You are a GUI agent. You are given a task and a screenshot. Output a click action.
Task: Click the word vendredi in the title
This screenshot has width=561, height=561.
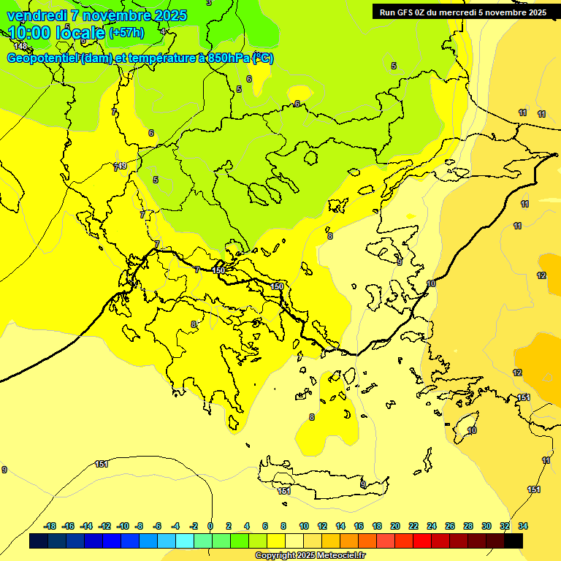36,15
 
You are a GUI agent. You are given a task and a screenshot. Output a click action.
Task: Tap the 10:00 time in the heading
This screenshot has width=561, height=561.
30,32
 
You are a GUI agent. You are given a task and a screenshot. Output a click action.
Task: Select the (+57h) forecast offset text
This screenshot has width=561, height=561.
126,32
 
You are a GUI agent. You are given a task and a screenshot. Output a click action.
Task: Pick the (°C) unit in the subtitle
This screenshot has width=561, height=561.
262,58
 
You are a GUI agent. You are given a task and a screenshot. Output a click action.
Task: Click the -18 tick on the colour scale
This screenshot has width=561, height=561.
50,526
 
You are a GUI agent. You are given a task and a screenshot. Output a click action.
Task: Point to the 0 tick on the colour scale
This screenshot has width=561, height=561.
210,526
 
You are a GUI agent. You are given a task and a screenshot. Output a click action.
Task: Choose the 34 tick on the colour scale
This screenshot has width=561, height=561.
523,526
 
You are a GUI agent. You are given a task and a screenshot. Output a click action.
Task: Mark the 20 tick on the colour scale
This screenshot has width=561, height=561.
395,526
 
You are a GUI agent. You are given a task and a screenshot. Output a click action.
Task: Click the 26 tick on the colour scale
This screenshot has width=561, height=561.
450,526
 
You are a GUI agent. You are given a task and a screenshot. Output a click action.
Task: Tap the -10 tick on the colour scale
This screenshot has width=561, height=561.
123,526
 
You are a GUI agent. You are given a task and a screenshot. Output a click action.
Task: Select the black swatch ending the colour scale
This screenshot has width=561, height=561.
514,541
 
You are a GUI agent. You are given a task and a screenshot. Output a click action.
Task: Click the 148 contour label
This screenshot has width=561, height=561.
20,46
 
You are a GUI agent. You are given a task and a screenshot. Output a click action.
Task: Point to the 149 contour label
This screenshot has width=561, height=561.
121,166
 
